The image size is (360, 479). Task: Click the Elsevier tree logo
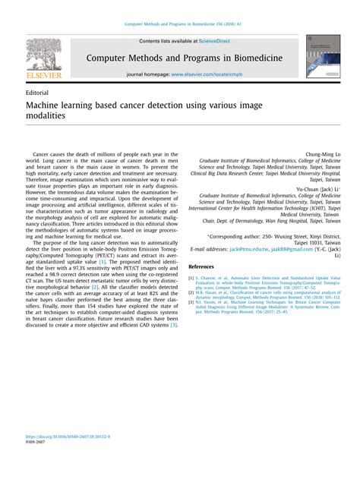pos(43,53)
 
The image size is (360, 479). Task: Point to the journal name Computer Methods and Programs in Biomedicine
pos(185,58)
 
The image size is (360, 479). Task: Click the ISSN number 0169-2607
pos(36,464)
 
